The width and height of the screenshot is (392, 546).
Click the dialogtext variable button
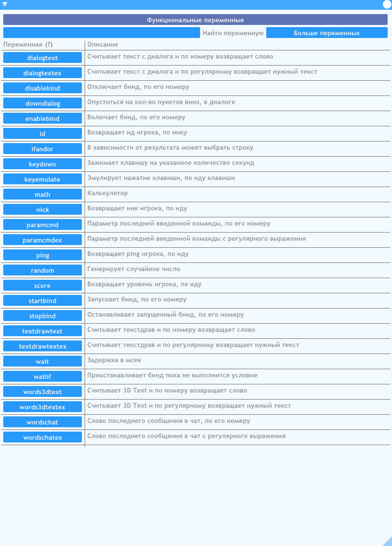coord(42,57)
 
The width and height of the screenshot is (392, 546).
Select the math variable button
coord(42,194)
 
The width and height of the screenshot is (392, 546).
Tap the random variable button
coord(42,270)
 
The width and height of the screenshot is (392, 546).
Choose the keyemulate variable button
coord(42,179)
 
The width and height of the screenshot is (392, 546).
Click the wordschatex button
coord(42,437)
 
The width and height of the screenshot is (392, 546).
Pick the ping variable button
coord(42,255)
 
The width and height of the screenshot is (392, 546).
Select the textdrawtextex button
coord(42,346)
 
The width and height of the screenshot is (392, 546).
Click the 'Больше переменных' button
coord(326,33)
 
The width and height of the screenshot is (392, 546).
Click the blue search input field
coord(101,33)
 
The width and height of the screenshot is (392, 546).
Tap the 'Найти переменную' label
coord(233,33)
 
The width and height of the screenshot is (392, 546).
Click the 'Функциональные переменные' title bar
coord(195,20)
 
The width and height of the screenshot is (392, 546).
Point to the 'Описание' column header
coord(102,44)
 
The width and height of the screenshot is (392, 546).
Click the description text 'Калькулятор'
coord(107,193)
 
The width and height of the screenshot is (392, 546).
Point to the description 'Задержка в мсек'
coord(114,360)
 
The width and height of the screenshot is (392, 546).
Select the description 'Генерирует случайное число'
coord(133,269)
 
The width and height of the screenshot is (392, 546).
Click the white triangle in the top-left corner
coord(5,4)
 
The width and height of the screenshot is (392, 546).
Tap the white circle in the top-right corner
coord(387,4)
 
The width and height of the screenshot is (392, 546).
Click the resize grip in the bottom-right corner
coord(387,541)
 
